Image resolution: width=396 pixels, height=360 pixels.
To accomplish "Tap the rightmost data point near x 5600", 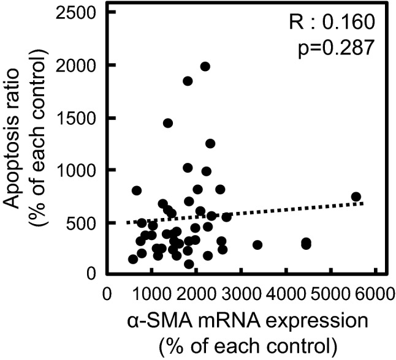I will point(356,197).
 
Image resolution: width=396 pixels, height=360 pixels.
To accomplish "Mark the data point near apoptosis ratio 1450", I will point(168,123).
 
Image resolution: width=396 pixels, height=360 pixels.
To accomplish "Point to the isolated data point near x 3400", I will point(257,245).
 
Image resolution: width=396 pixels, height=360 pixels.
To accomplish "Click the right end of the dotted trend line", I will point(364,203).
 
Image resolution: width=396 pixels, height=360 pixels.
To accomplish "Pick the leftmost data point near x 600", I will point(133,259).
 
